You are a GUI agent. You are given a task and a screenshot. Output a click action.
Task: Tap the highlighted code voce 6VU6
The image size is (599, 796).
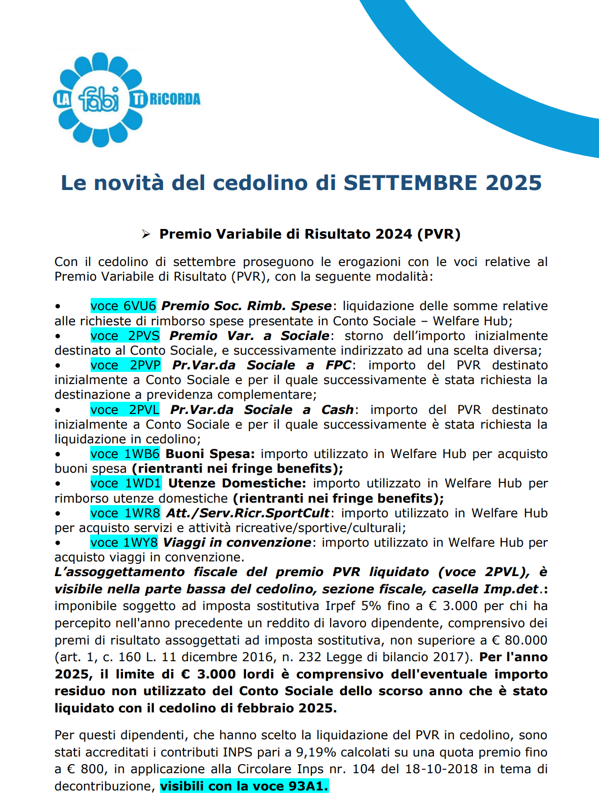[x=124, y=306]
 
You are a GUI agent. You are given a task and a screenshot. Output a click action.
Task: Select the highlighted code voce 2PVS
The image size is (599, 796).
[x=125, y=335]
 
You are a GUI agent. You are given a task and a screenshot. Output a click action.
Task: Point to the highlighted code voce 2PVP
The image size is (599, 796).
[x=126, y=365]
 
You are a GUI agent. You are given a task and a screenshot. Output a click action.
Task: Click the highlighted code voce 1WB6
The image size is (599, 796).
[x=125, y=453]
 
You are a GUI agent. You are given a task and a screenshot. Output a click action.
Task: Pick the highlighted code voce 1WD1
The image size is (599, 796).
[x=126, y=483]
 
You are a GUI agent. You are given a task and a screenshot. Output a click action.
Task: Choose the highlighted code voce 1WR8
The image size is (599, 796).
[x=125, y=513]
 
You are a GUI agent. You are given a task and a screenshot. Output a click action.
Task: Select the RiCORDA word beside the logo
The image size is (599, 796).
[x=175, y=99]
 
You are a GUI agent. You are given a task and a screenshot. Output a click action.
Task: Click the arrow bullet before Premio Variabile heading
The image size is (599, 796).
[x=146, y=234]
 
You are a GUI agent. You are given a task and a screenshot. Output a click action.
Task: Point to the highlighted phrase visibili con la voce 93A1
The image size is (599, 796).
[x=244, y=786]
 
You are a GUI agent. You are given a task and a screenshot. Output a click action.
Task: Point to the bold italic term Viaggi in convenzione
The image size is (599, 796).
[x=237, y=542]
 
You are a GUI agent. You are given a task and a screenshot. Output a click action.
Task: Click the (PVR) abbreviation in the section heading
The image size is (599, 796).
[x=438, y=234]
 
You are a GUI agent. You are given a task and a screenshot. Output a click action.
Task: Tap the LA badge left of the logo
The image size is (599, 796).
[x=62, y=99]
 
